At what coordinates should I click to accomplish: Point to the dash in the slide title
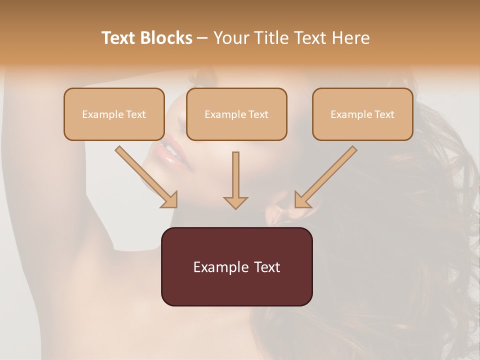(x=202, y=38)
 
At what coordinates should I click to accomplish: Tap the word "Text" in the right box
(x=384, y=114)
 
